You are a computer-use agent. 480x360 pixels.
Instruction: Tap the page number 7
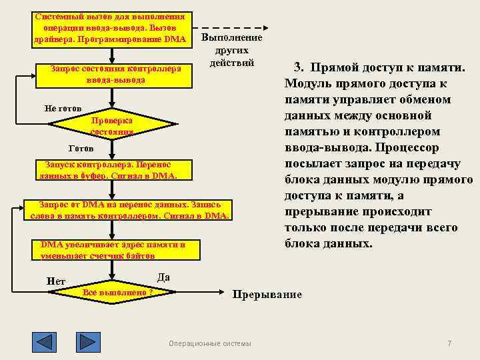click(449, 343)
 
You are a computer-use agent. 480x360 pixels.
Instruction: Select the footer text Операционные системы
click(210, 343)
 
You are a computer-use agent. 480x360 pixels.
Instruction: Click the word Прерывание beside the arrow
click(267, 294)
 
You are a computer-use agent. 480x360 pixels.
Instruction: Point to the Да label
click(163, 277)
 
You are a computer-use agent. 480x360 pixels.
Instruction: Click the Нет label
click(56, 281)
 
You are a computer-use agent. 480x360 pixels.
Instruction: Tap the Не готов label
click(63, 108)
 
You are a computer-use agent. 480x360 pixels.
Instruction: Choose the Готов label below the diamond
click(81, 148)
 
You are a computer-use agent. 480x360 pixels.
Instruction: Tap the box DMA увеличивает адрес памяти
click(112, 250)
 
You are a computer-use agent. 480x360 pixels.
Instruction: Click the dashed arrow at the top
click(230, 29)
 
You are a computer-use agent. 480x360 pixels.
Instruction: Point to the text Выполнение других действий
click(231, 51)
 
